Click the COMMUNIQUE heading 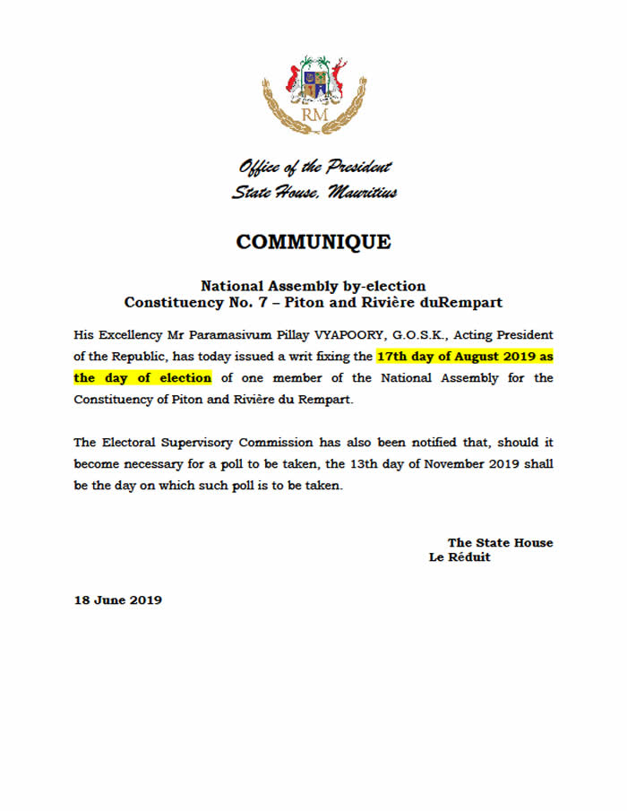(x=313, y=242)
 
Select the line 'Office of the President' (x=314, y=167)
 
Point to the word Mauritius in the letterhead (x=362, y=192)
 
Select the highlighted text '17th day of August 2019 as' (x=465, y=356)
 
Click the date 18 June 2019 (x=117, y=600)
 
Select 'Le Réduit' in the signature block (x=460, y=557)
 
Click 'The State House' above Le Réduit (x=500, y=542)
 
